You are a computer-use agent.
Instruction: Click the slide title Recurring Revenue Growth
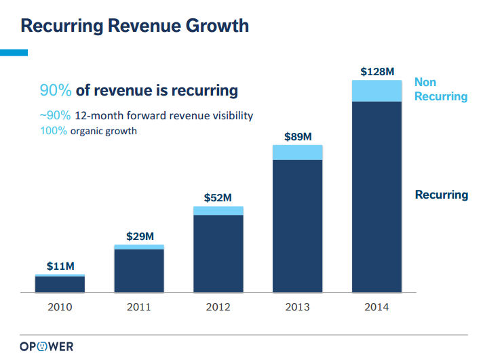tap(134, 26)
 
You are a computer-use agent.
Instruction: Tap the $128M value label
tap(376, 71)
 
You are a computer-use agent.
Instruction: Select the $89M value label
tap(297, 136)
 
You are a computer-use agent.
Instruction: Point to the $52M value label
tap(218, 198)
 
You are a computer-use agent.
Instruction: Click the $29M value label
tap(139, 236)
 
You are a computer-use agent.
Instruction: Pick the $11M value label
tap(60, 266)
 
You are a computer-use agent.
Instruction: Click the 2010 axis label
tap(60, 307)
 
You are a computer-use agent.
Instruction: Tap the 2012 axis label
tap(218, 307)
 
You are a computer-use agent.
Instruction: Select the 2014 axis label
tap(376, 307)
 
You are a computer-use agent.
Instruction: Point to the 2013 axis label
tap(297, 307)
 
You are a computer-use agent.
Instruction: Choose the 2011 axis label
tap(139, 307)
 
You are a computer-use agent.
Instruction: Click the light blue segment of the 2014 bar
tap(376, 91)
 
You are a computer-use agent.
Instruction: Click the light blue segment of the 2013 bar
tap(297, 152)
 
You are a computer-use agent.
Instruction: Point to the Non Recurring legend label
tap(441, 89)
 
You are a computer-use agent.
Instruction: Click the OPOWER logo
tap(46, 346)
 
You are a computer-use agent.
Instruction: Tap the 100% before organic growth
tap(54, 131)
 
